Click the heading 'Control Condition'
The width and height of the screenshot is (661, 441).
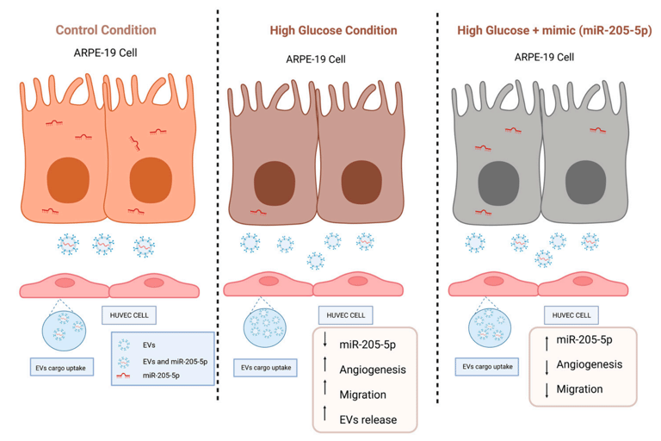pyautogui.click(x=106, y=30)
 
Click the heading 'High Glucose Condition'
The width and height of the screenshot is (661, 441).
pyautogui.click(x=333, y=30)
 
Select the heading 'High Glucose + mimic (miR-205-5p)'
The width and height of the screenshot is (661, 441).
pyautogui.click(x=554, y=30)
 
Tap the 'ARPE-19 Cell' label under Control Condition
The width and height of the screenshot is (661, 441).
pyautogui.click(x=106, y=53)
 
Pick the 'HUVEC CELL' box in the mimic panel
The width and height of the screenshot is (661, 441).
pyautogui.click(x=571, y=316)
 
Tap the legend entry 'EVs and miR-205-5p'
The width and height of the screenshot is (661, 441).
pyautogui.click(x=175, y=362)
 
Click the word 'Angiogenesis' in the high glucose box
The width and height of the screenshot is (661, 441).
pyautogui.click(x=374, y=370)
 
